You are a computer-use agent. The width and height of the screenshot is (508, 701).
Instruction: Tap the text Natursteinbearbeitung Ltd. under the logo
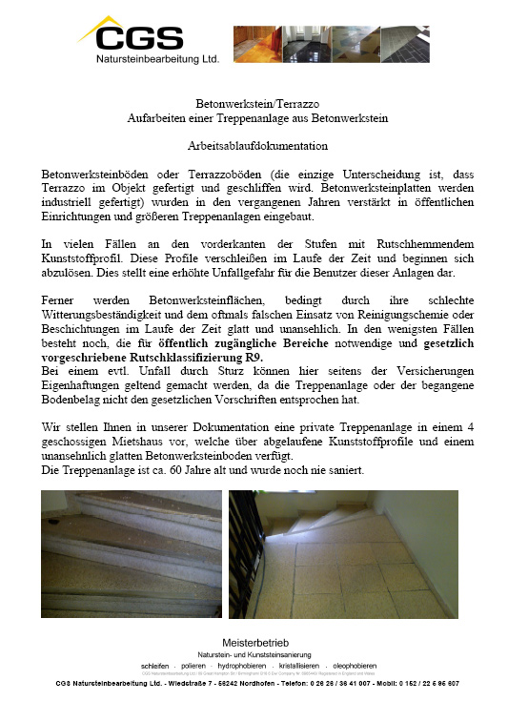157,58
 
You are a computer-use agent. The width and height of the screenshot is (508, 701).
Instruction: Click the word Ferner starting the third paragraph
60,300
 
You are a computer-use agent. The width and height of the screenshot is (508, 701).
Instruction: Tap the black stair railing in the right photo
246,534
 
